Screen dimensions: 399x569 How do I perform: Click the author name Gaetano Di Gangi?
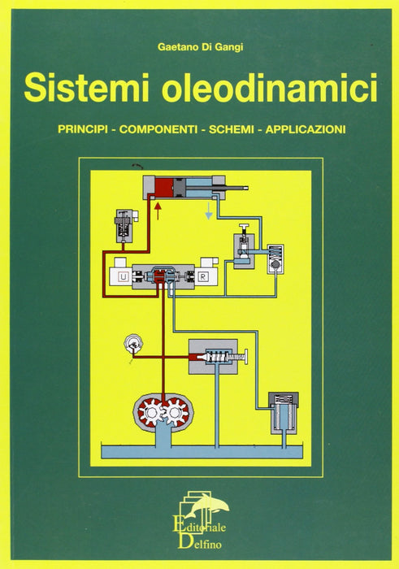pos(200,47)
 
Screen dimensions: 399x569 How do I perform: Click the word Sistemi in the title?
pos(86,88)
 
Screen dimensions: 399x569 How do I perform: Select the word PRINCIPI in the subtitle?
pos(83,129)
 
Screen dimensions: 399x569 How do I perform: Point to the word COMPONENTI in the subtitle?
pos(158,129)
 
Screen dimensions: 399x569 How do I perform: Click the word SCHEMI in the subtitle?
pos(231,129)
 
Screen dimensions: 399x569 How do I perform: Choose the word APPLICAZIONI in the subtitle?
pos(306,129)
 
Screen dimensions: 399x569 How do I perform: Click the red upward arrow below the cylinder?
pos(158,211)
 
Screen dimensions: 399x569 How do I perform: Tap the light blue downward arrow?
pos(209,211)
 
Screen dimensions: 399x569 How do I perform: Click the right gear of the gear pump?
pos(176,413)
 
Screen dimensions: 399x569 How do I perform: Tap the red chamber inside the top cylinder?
pos(164,188)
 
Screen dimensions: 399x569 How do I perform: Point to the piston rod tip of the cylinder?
pos(246,188)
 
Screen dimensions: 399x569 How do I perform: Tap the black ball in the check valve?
pos(275,265)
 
